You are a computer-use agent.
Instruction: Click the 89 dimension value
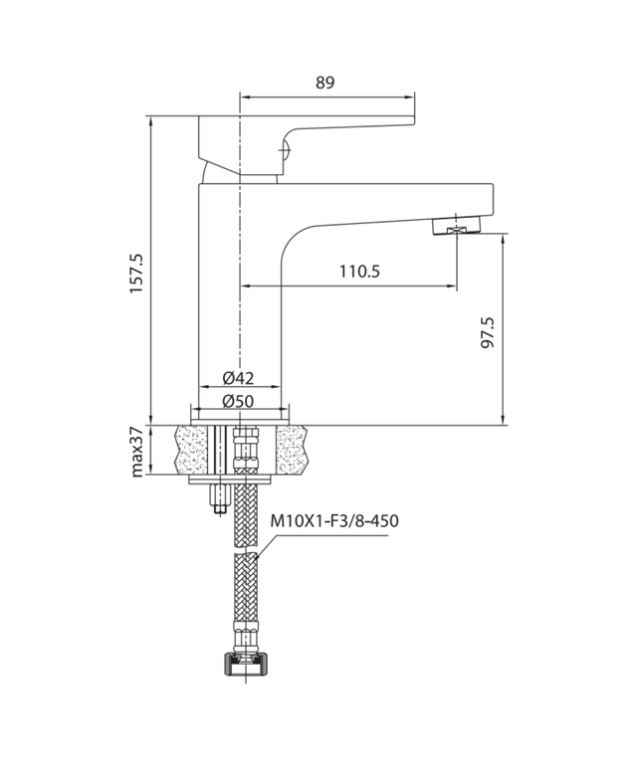pyautogui.click(x=325, y=84)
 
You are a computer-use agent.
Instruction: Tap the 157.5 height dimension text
pyautogui.click(x=137, y=272)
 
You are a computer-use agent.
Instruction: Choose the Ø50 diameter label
pyautogui.click(x=239, y=400)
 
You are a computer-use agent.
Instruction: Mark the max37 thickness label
pyautogui.click(x=137, y=451)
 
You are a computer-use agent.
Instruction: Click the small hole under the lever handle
pyautogui.click(x=283, y=151)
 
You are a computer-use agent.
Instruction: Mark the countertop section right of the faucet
pyautogui.click(x=294, y=451)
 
